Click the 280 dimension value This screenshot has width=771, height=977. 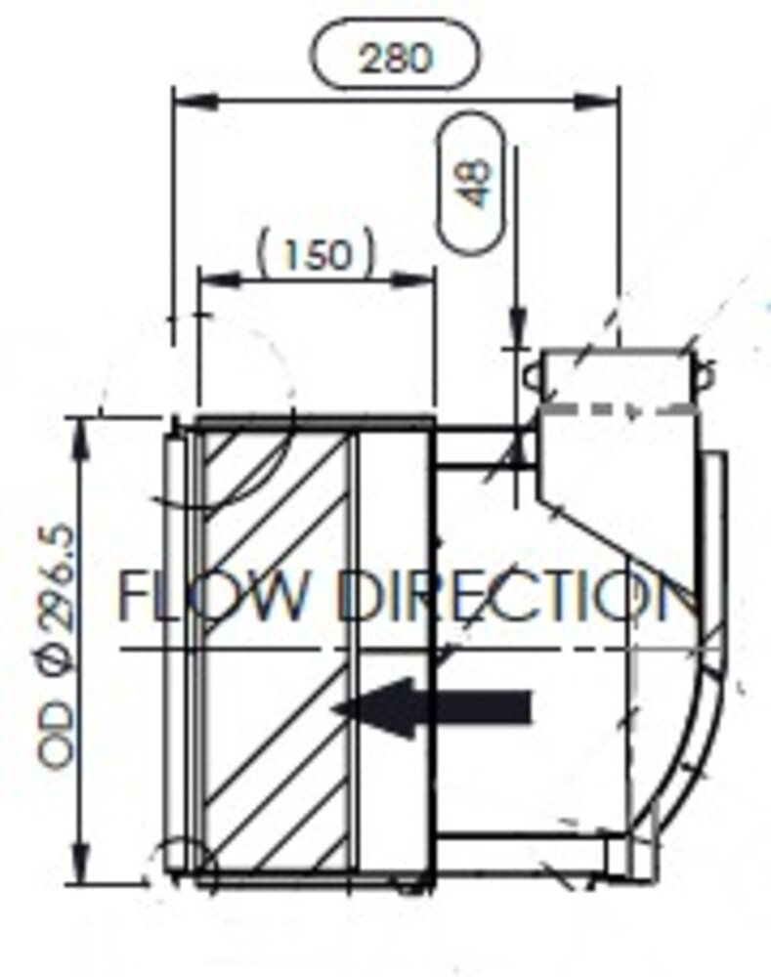394,58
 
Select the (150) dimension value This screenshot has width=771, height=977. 316,255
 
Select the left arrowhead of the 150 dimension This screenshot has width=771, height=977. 211,279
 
